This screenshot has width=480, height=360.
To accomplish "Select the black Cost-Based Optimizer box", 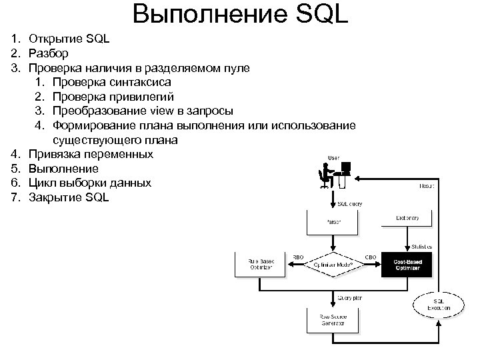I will pyautogui.click(x=406, y=265).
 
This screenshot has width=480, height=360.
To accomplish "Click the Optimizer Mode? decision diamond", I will pyautogui.click(x=333, y=264).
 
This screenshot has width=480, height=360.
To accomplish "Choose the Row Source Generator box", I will pyautogui.click(x=333, y=320).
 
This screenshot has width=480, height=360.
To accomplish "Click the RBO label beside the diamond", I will pyautogui.click(x=299, y=257).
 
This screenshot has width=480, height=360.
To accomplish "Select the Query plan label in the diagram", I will pyautogui.click(x=348, y=298).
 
